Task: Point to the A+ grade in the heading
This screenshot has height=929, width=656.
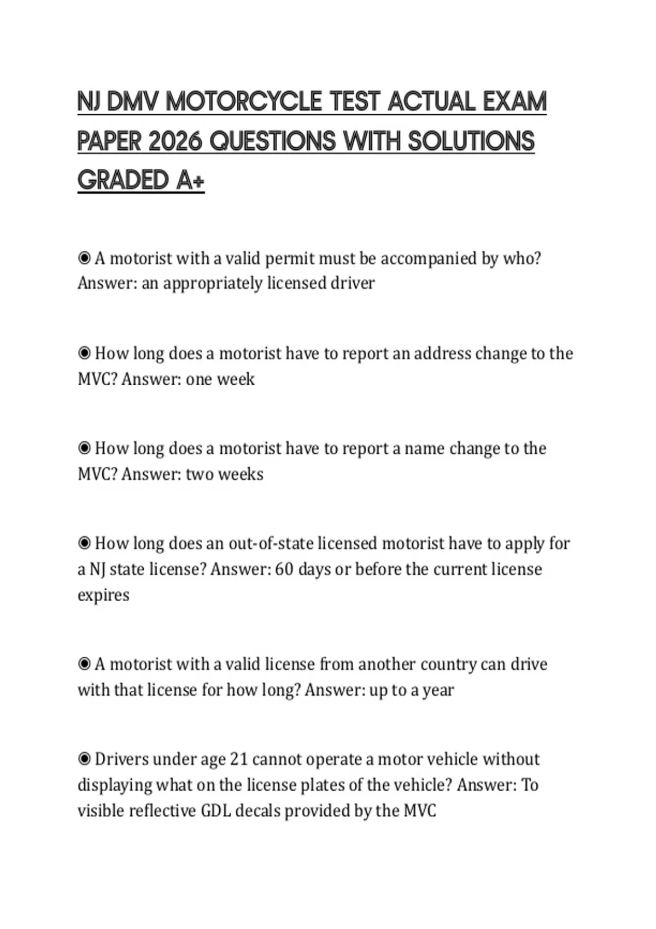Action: [x=190, y=180]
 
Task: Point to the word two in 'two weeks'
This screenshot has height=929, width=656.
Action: [x=201, y=474]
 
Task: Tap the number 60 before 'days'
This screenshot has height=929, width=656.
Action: [x=284, y=569]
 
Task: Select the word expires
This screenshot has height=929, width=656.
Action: [x=103, y=595]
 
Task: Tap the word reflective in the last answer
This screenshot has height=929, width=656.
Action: [x=162, y=810]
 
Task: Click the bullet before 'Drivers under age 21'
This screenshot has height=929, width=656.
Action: [x=84, y=759]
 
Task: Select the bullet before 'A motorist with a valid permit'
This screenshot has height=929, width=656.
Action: [x=84, y=258]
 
